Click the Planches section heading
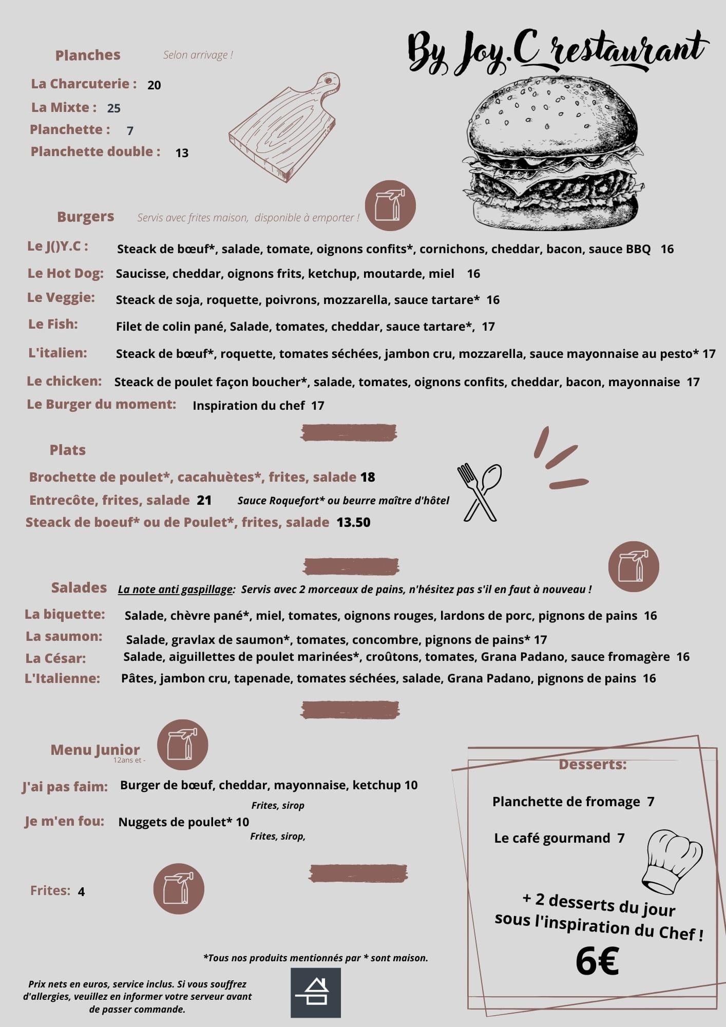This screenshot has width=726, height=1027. coord(88,55)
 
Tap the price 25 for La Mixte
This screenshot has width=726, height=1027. coord(113,108)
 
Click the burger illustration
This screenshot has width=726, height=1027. coord(553,152)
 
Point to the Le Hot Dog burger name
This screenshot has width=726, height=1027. coord(65,273)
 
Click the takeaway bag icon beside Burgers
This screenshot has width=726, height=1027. coord(390,205)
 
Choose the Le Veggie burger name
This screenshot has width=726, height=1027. coord(61,297)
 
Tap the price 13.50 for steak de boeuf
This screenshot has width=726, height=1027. coord(353,522)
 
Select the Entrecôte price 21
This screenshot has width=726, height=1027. coord(204,500)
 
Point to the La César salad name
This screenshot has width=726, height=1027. coord(55,658)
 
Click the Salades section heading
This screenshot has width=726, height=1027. coord(79,587)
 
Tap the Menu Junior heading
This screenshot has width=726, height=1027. coord(95,750)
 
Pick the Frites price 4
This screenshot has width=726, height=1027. coord(81,891)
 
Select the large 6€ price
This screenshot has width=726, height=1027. coord(597,961)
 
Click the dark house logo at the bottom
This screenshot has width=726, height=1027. coord(316,993)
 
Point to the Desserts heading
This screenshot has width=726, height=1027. coord(593,764)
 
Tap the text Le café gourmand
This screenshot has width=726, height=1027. coord(552,838)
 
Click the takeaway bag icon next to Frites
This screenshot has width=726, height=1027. coord(179,889)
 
